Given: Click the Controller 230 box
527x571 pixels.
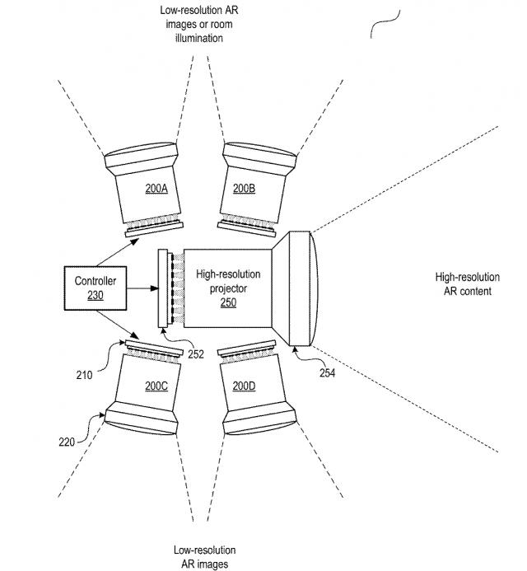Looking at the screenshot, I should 96,288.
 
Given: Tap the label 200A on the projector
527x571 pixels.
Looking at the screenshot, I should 156,189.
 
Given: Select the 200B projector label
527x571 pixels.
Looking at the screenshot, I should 244,189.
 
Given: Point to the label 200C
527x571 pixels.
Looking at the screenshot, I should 156,386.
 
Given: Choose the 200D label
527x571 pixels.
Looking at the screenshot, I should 244,386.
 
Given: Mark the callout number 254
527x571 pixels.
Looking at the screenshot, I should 328,372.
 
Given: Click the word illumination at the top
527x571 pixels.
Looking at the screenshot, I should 198,37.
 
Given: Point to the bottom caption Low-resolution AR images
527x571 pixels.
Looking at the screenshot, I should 205,557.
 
